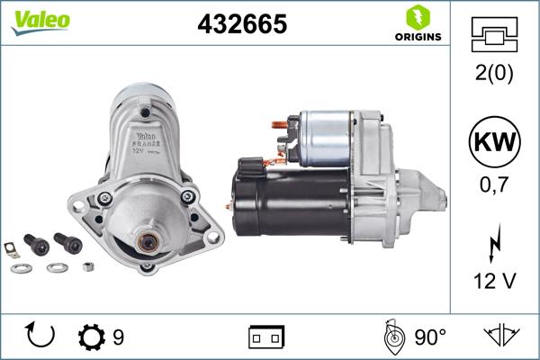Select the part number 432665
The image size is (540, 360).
(x=241, y=25)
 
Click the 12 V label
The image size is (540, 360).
(x=495, y=282)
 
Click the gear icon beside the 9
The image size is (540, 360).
(x=91, y=337)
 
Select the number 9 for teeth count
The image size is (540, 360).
(x=117, y=337)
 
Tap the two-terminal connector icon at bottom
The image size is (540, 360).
(x=266, y=337)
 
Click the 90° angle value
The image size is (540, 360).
(x=430, y=337)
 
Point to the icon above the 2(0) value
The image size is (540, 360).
(x=495, y=35)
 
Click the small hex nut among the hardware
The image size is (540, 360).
(x=88, y=266)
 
